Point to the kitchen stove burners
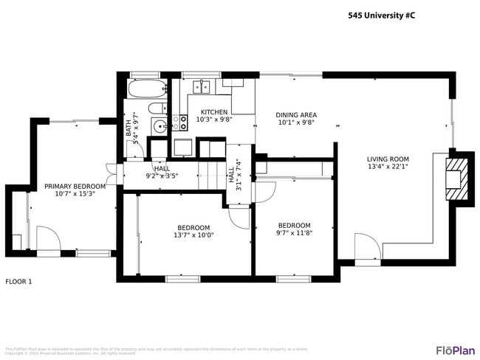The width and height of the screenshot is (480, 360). [x=179, y=122]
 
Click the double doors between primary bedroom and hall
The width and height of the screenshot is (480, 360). [x=111, y=176]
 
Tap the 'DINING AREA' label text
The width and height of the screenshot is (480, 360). [x=296, y=115]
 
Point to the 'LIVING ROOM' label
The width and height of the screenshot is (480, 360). [x=388, y=159]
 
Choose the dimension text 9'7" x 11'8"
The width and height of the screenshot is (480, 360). [x=294, y=233]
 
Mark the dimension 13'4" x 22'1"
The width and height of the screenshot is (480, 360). [x=388, y=167]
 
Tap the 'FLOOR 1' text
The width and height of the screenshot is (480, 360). [x=18, y=282]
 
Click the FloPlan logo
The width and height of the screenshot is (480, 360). [x=456, y=350]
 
